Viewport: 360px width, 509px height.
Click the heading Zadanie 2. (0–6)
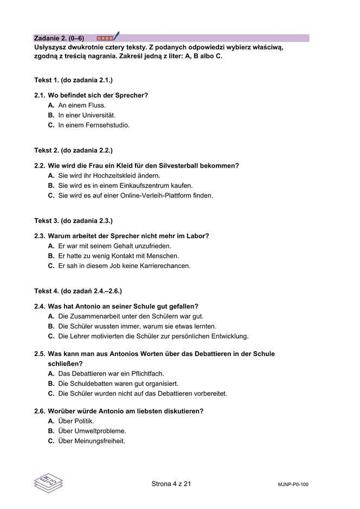(x=59, y=38)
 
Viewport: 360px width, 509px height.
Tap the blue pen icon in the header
(x=116, y=36)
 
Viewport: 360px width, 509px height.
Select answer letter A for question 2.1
(x=51, y=105)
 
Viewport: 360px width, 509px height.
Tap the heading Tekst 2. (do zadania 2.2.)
(x=73, y=150)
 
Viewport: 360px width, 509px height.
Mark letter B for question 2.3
(x=51, y=256)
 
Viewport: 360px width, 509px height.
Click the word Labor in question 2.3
(x=197, y=236)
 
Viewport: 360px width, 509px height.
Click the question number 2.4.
(x=39, y=307)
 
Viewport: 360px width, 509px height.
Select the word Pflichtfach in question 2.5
(x=144, y=373)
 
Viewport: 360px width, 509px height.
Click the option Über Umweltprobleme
(x=92, y=431)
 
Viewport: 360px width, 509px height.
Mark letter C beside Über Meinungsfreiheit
(x=51, y=441)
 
